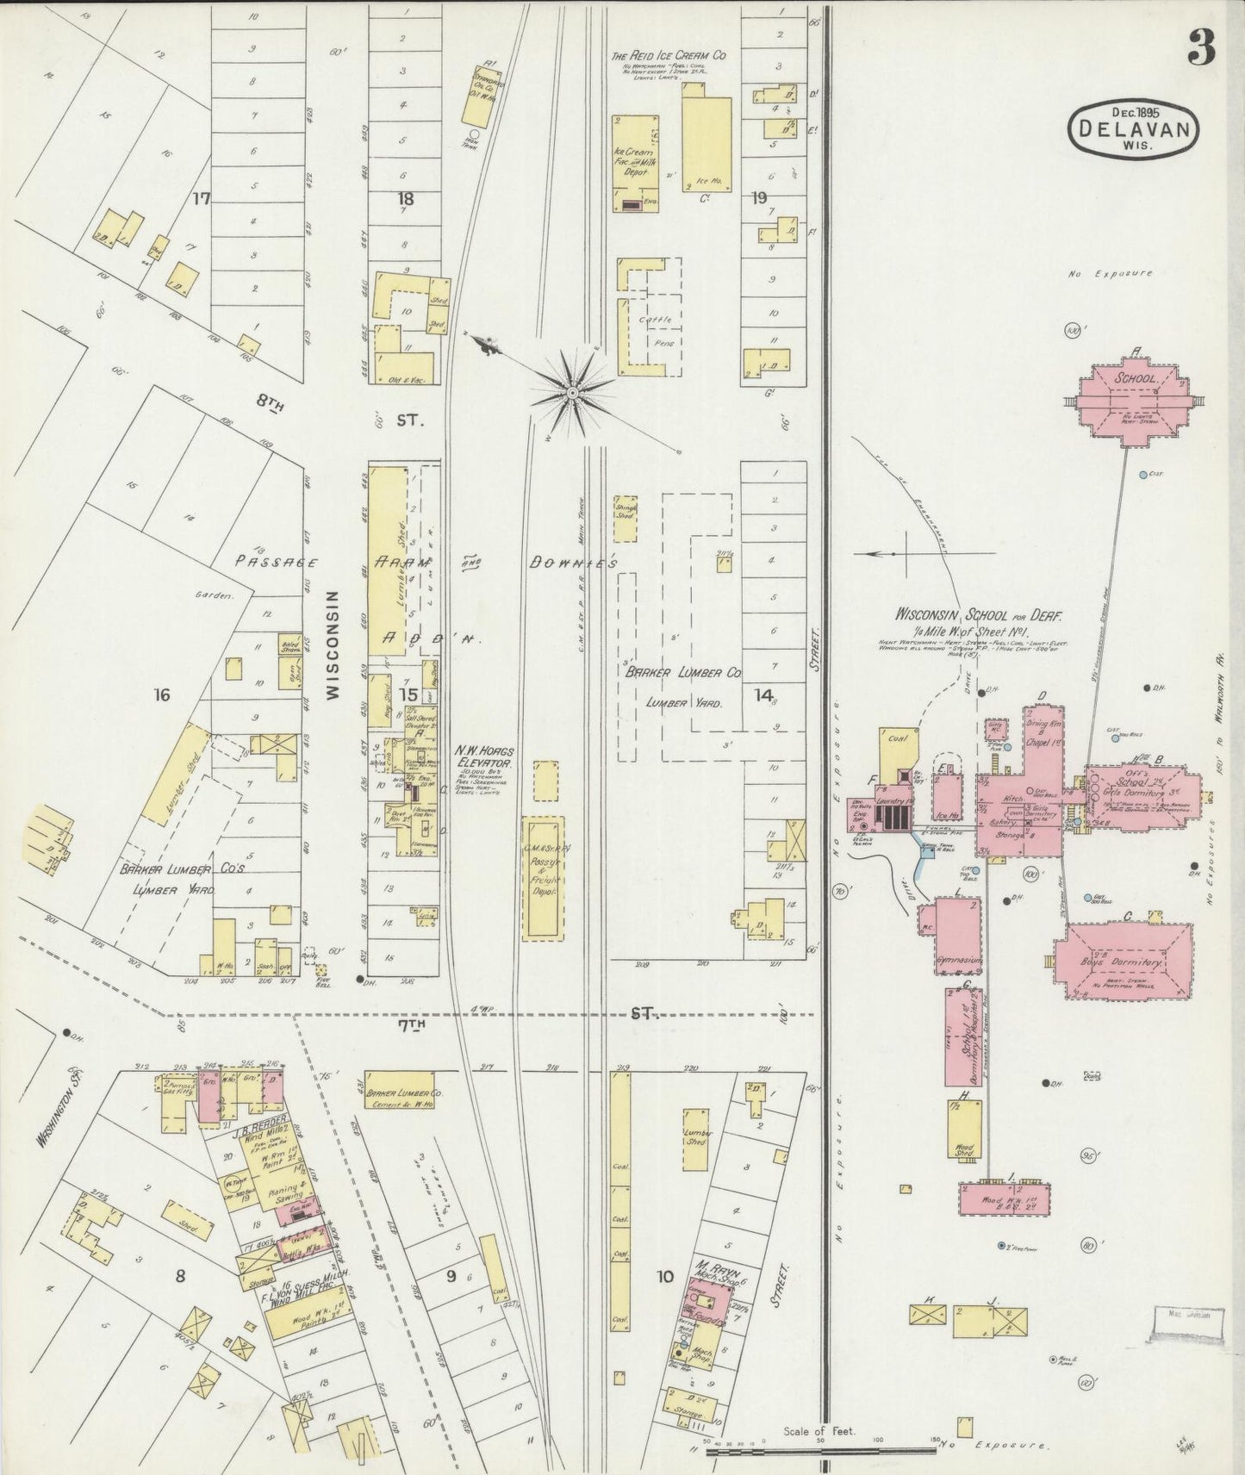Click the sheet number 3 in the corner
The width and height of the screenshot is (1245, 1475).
[1201, 47]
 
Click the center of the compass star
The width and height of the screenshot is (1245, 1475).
[571, 394]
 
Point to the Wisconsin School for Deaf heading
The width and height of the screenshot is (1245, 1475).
[979, 616]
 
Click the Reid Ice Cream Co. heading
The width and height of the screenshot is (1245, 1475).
[669, 55]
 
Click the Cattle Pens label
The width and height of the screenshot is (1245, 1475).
[654, 331]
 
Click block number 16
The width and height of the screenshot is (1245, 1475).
[161, 694]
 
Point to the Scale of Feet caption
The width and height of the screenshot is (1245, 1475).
[819, 1432]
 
